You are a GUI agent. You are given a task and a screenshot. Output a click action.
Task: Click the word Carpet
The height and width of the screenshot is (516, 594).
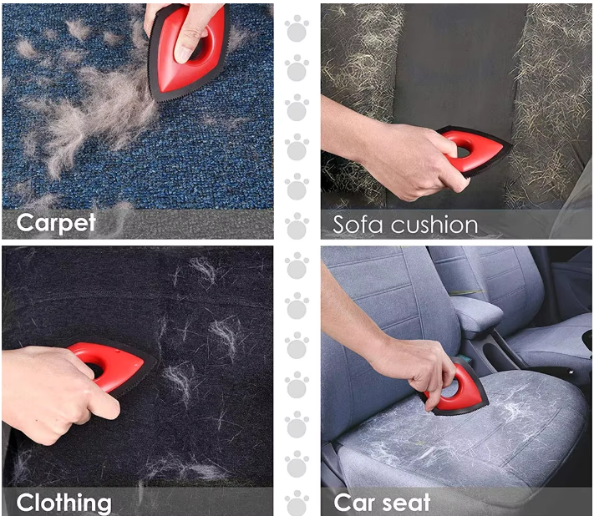click(x=56, y=223)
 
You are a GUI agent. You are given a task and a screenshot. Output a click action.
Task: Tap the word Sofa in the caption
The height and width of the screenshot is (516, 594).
click(x=358, y=225)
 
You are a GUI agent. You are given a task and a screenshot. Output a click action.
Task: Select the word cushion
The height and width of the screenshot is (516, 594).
click(x=434, y=225)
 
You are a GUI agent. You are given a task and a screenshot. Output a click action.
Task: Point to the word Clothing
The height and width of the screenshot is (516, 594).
click(x=64, y=503)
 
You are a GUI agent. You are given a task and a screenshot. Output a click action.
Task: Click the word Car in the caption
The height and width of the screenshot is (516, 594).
click(x=354, y=503)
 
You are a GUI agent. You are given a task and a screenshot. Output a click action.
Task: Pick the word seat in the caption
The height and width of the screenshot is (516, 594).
click(x=406, y=503)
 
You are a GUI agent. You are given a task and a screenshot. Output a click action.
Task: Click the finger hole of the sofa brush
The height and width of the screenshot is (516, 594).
click(x=463, y=149)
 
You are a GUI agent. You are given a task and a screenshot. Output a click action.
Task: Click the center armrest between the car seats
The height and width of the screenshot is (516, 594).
click(x=477, y=314)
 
